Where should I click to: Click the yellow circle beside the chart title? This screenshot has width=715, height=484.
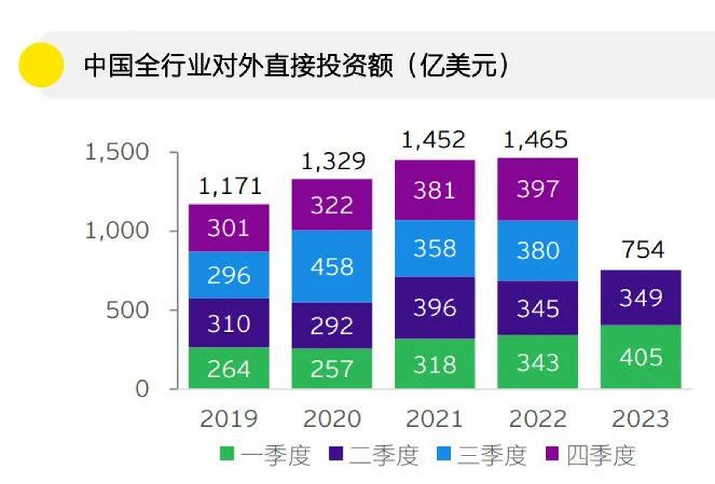coord(41,65)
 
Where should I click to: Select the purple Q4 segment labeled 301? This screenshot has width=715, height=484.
coord(229,228)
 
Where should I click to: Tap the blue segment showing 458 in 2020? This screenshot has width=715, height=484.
coord(332,267)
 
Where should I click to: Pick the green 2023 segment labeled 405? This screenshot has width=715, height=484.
coord(641,357)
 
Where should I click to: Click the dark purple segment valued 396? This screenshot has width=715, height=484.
coord(435,308)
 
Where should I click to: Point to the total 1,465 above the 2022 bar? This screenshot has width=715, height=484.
coord(536,140)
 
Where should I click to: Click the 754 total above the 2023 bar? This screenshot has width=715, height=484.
coord(643,250)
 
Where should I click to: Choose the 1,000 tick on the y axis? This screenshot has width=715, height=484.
coord(117,230)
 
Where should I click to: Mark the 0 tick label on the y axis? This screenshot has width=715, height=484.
coord(142,389)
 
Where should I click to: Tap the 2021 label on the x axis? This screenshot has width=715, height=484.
coord(434,419)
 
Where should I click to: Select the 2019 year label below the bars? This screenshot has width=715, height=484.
coord(228,419)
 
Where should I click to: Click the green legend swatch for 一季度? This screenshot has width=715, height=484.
coord(227,453)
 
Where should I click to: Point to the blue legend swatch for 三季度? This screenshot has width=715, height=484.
coord(443,453)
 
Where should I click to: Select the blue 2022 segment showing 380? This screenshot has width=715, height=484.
coord(538,250)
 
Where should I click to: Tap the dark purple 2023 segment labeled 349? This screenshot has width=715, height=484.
coord(641,298)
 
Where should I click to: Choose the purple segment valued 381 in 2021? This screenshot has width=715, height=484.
coord(434,190)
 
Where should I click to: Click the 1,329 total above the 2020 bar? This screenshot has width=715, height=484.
coord(333,161)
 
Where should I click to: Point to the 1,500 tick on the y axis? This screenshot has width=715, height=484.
coord(117,152)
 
